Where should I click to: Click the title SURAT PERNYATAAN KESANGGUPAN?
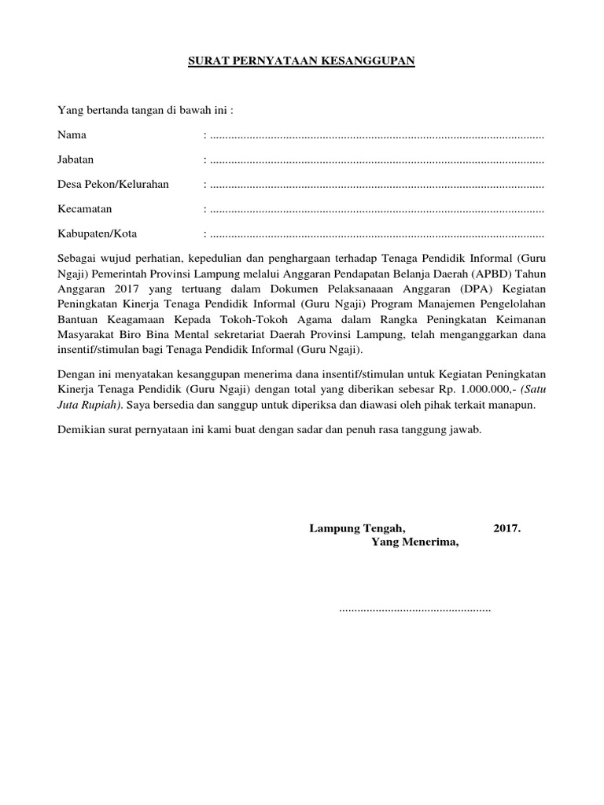click(x=301, y=61)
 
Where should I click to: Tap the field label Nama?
click(x=72, y=135)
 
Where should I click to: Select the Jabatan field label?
click(x=75, y=160)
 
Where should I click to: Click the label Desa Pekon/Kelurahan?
click(x=113, y=184)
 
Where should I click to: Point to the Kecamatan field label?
click(x=85, y=208)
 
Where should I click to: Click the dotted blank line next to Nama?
click(x=376, y=137)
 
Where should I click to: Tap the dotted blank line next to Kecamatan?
click(x=376, y=210)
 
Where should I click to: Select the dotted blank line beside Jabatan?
click(x=376, y=161)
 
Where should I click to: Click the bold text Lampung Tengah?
click(x=357, y=528)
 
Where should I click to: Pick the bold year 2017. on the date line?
click(x=507, y=528)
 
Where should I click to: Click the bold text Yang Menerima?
click(x=414, y=543)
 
